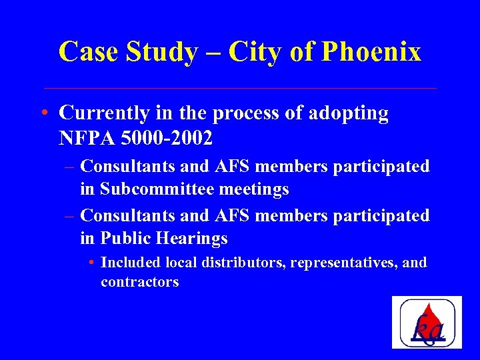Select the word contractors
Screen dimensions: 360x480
tap(140, 282)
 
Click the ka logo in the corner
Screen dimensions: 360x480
tap(427, 322)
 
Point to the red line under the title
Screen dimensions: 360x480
tap(240, 88)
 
